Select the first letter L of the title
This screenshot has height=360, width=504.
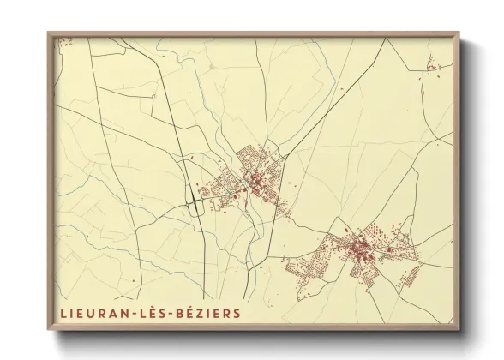pos(63,314)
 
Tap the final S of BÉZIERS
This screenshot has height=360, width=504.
pos(237,314)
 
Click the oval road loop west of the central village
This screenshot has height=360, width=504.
pos(196,204)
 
